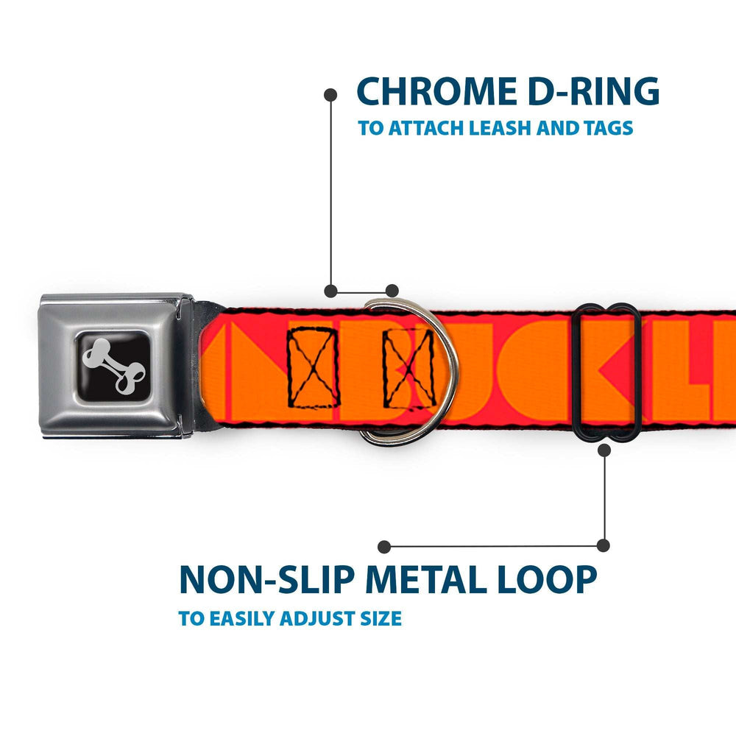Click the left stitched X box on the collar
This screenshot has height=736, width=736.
pyautogui.click(x=314, y=367)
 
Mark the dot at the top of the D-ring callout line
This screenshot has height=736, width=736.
pyautogui.click(x=330, y=94)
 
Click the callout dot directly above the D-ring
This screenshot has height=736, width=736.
pyautogui.click(x=392, y=290)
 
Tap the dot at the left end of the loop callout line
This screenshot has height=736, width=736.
pyautogui.click(x=383, y=546)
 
